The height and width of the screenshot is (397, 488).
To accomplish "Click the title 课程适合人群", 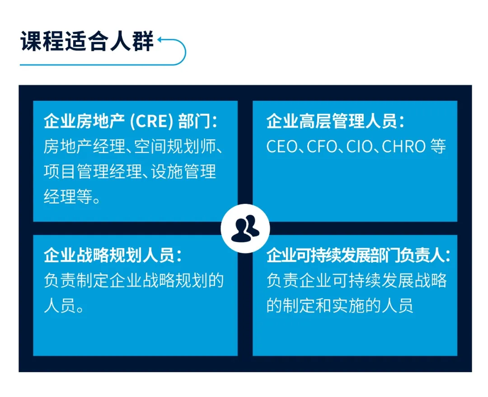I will coord(87,42).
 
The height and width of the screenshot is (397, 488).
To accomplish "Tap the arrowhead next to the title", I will coord(160,42).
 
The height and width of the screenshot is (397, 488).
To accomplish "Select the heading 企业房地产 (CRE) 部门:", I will coord(131,122).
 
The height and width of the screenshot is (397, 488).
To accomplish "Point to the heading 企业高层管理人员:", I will coord(335,122).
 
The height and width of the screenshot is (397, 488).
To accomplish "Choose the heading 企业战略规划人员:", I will coord(113,255).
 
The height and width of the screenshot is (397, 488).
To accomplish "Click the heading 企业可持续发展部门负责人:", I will coord(358,255).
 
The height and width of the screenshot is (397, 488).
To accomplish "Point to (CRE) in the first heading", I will coord(151,122).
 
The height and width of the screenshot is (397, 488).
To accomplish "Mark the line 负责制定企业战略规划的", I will coord(134,281).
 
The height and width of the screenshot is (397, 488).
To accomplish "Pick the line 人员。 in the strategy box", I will coord(64,306).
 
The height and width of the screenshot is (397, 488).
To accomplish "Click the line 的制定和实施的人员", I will coord(340,306).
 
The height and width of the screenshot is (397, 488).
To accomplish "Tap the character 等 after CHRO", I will coord(438,147).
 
